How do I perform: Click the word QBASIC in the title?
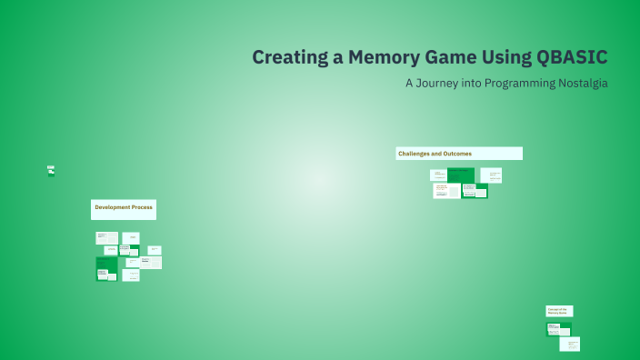click(570, 57)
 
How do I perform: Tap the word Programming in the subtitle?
click(512, 83)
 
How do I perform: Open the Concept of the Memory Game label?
click(558, 311)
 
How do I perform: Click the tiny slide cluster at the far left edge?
click(51, 170)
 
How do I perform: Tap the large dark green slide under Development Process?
click(106, 269)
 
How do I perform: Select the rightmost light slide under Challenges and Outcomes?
click(493, 175)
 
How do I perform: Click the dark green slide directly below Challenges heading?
click(460, 175)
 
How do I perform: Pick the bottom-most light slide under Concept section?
click(569, 344)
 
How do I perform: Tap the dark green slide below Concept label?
click(558, 329)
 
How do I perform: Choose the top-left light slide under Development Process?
click(106, 238)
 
